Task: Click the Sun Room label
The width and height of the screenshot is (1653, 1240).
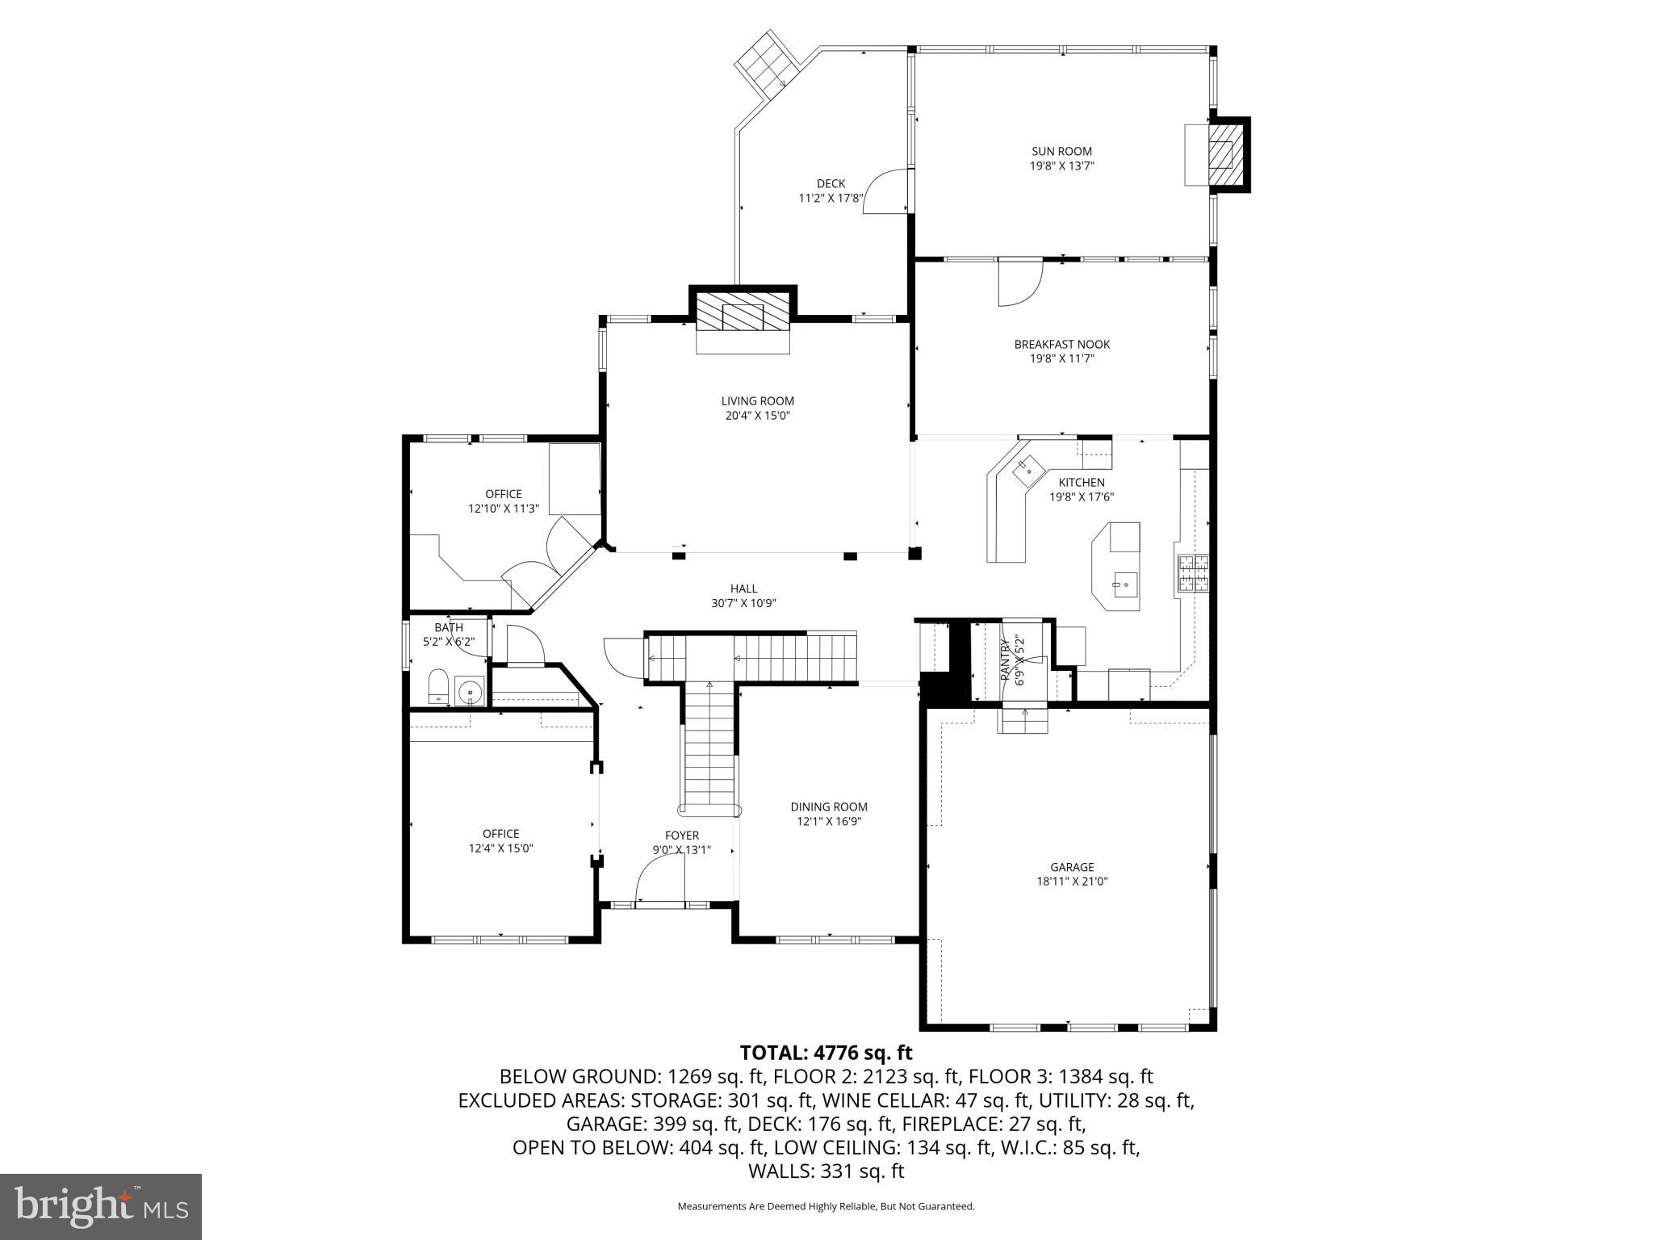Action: (1061, 151)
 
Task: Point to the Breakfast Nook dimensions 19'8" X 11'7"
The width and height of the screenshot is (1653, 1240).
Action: (1061, 358)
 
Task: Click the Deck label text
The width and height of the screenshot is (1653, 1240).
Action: (831, 183)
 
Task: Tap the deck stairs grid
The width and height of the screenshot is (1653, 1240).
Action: (765, 61)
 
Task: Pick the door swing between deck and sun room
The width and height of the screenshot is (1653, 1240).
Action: (885, 191)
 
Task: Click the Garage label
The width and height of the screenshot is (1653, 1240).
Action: (1072, 867)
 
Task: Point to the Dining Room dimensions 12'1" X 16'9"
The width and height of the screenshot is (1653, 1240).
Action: (829, 821)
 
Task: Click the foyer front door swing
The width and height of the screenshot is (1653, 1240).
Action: (658, 880)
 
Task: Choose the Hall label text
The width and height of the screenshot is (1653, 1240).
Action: (743, 589)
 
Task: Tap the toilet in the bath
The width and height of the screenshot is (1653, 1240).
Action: (438, 686)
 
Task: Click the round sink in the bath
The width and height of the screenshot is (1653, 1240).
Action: (469, 692)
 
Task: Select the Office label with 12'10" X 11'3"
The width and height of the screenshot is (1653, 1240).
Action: (504, 494)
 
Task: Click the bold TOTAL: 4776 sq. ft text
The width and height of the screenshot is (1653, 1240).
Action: (826, 1053)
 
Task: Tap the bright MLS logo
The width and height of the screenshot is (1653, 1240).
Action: (101, 1207)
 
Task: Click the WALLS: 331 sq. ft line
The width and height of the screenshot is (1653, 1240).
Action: (826, 1171)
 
